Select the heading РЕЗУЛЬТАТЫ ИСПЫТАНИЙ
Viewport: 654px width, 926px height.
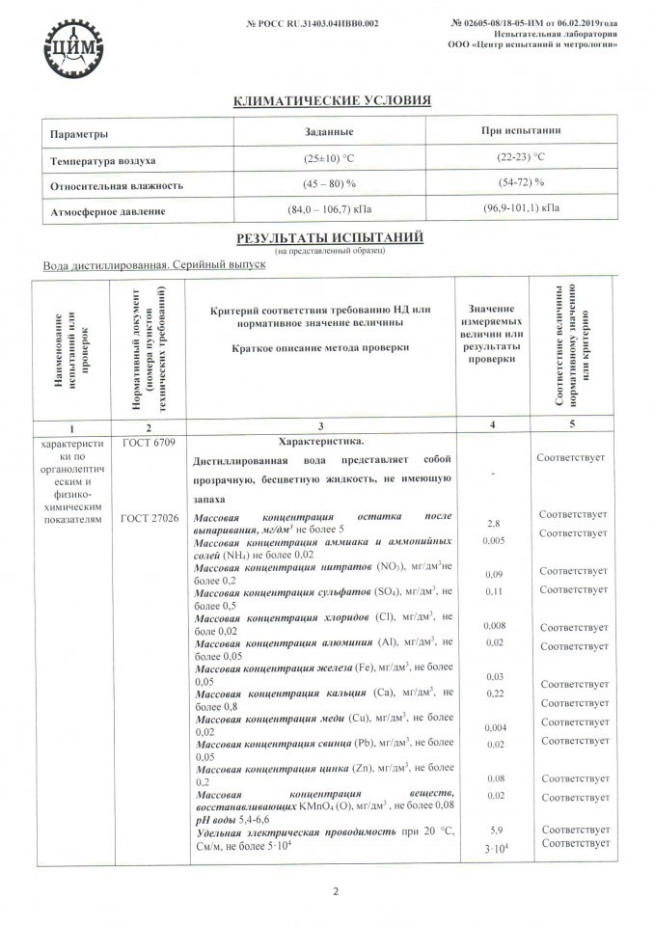(327, 237)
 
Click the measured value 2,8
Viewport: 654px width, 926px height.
(493, 522)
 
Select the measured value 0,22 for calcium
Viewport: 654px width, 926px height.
(493, 694)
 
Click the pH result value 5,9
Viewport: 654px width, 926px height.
(493, 829)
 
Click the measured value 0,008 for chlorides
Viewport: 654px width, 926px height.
(493, 625)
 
